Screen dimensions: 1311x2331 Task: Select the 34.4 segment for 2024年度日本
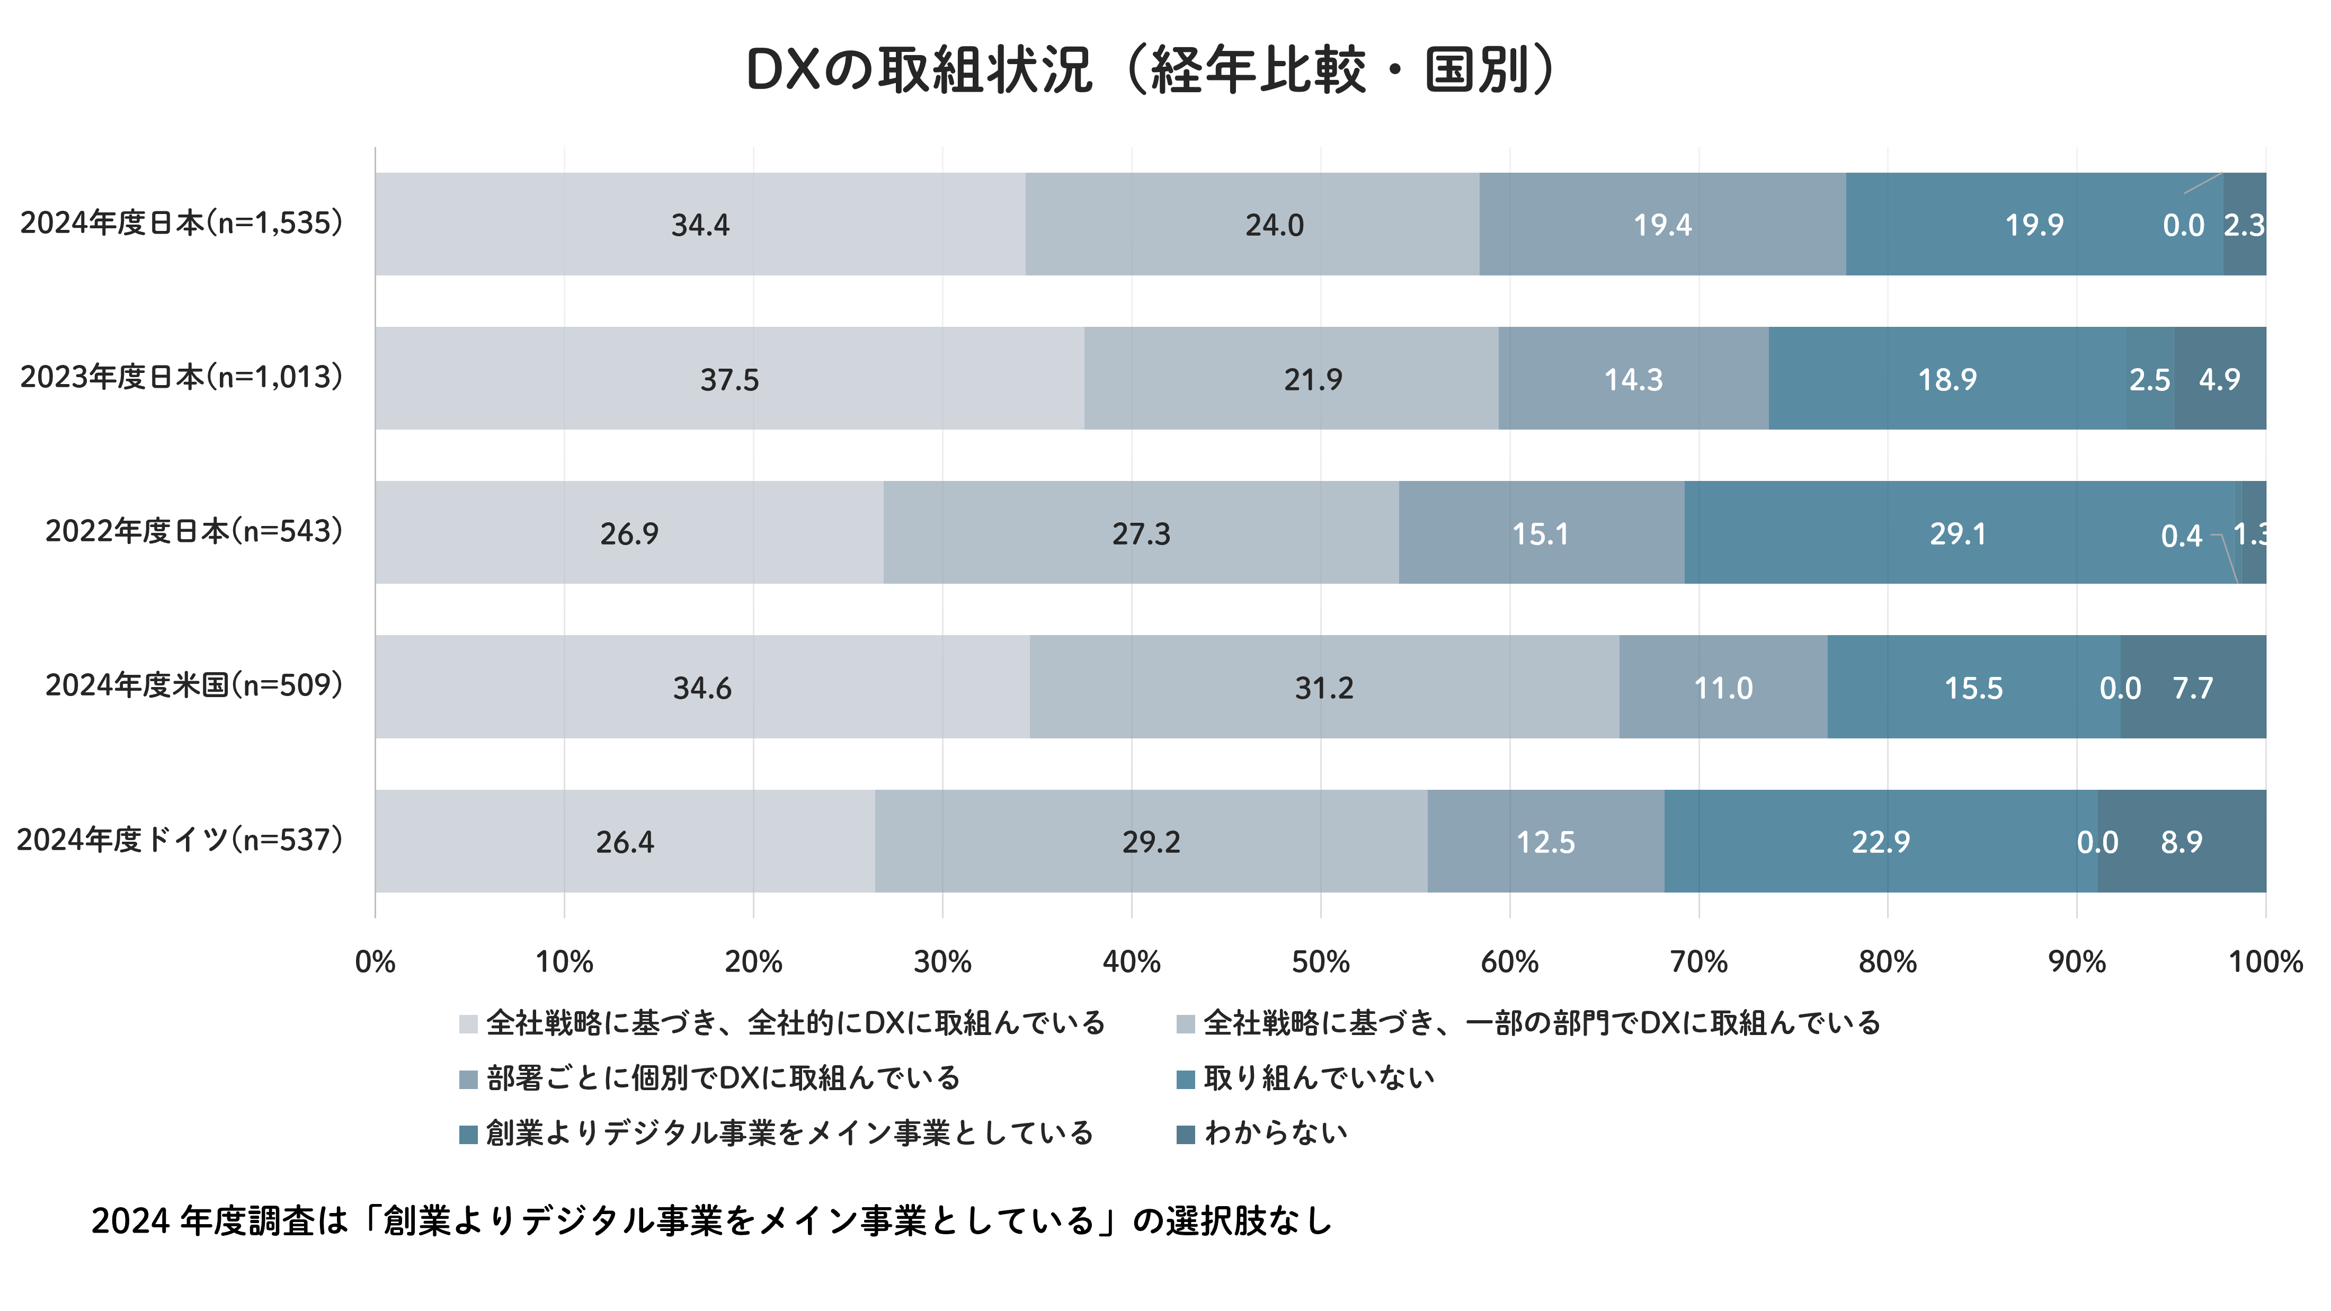[x=700, y=225]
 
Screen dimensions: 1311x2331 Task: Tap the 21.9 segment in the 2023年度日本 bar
[x=1312, y=379]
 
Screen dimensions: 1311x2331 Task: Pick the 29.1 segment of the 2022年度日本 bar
[x=1958, y=534]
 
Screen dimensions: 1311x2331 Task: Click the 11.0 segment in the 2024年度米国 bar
[x=1723, y=688]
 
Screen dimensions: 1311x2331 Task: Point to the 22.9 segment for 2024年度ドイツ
[x=1880, y=842]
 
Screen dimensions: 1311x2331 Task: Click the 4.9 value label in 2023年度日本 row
[x=2220, y=379]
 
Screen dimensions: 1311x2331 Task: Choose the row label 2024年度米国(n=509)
[x=194, y=685]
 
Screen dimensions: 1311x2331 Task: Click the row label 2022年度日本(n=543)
[x=194, y=531]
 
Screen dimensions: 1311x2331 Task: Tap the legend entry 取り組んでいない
[x=1319, y=1078]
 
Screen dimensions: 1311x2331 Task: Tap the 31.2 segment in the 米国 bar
[x=1324, y=688]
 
